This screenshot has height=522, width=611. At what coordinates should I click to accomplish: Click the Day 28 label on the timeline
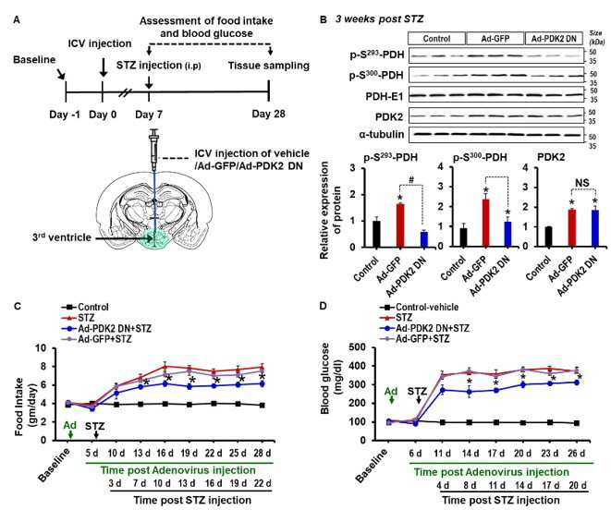pyautogui.click(x=268, y=115)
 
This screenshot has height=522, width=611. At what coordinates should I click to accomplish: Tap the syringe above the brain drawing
pyautogui.click(x=154, y=150)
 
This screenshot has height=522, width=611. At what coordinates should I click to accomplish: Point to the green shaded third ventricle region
pyautogui.click(x=154, y=239)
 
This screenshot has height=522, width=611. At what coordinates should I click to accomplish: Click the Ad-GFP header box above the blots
pyautogui.click(x=495, y=39)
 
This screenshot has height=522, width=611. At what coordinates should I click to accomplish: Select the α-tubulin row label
pyautogui.click(x=382, y=134)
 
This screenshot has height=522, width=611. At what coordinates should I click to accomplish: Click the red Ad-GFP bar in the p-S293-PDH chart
pyautogui.click(x=400, y=225)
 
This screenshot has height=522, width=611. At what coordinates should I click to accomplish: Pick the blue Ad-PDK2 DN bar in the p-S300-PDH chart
pyautogui.click(x=507, y=234)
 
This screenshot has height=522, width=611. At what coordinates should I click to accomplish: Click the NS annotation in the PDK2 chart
pyautogui.click(x=582, y=183)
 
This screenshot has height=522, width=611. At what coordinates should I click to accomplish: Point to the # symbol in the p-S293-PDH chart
pyautogui.click(x=411, y=180)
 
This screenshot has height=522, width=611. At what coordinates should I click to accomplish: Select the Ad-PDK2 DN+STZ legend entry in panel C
pyautogui.click(x=106, y=328)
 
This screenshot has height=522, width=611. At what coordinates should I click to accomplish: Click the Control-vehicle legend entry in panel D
pyautogui.click(x=420, y=308)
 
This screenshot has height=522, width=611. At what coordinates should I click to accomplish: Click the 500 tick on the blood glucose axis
pyautogui.click(x=358, y=347)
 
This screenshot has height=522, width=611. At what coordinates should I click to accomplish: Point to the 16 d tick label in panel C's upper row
pyautogui.click(x=165, y=454)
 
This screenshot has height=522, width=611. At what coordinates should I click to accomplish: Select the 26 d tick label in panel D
pyautogui.click(x=577, y=454)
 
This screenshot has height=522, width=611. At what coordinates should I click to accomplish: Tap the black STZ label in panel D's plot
pyautogui.click(x=417, y=391)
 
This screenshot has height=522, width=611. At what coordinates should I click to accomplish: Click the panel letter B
pyautogui.click(x=323, y=19)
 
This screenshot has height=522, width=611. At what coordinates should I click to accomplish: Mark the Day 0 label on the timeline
pyautogui.click(x=103, y=115)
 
